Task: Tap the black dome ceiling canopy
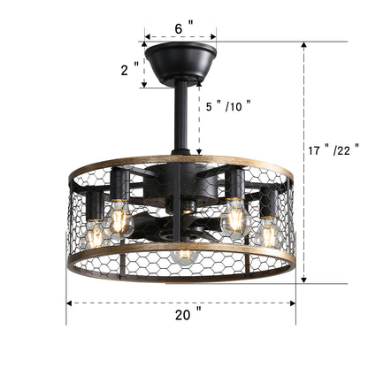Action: [x=180, y=62]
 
